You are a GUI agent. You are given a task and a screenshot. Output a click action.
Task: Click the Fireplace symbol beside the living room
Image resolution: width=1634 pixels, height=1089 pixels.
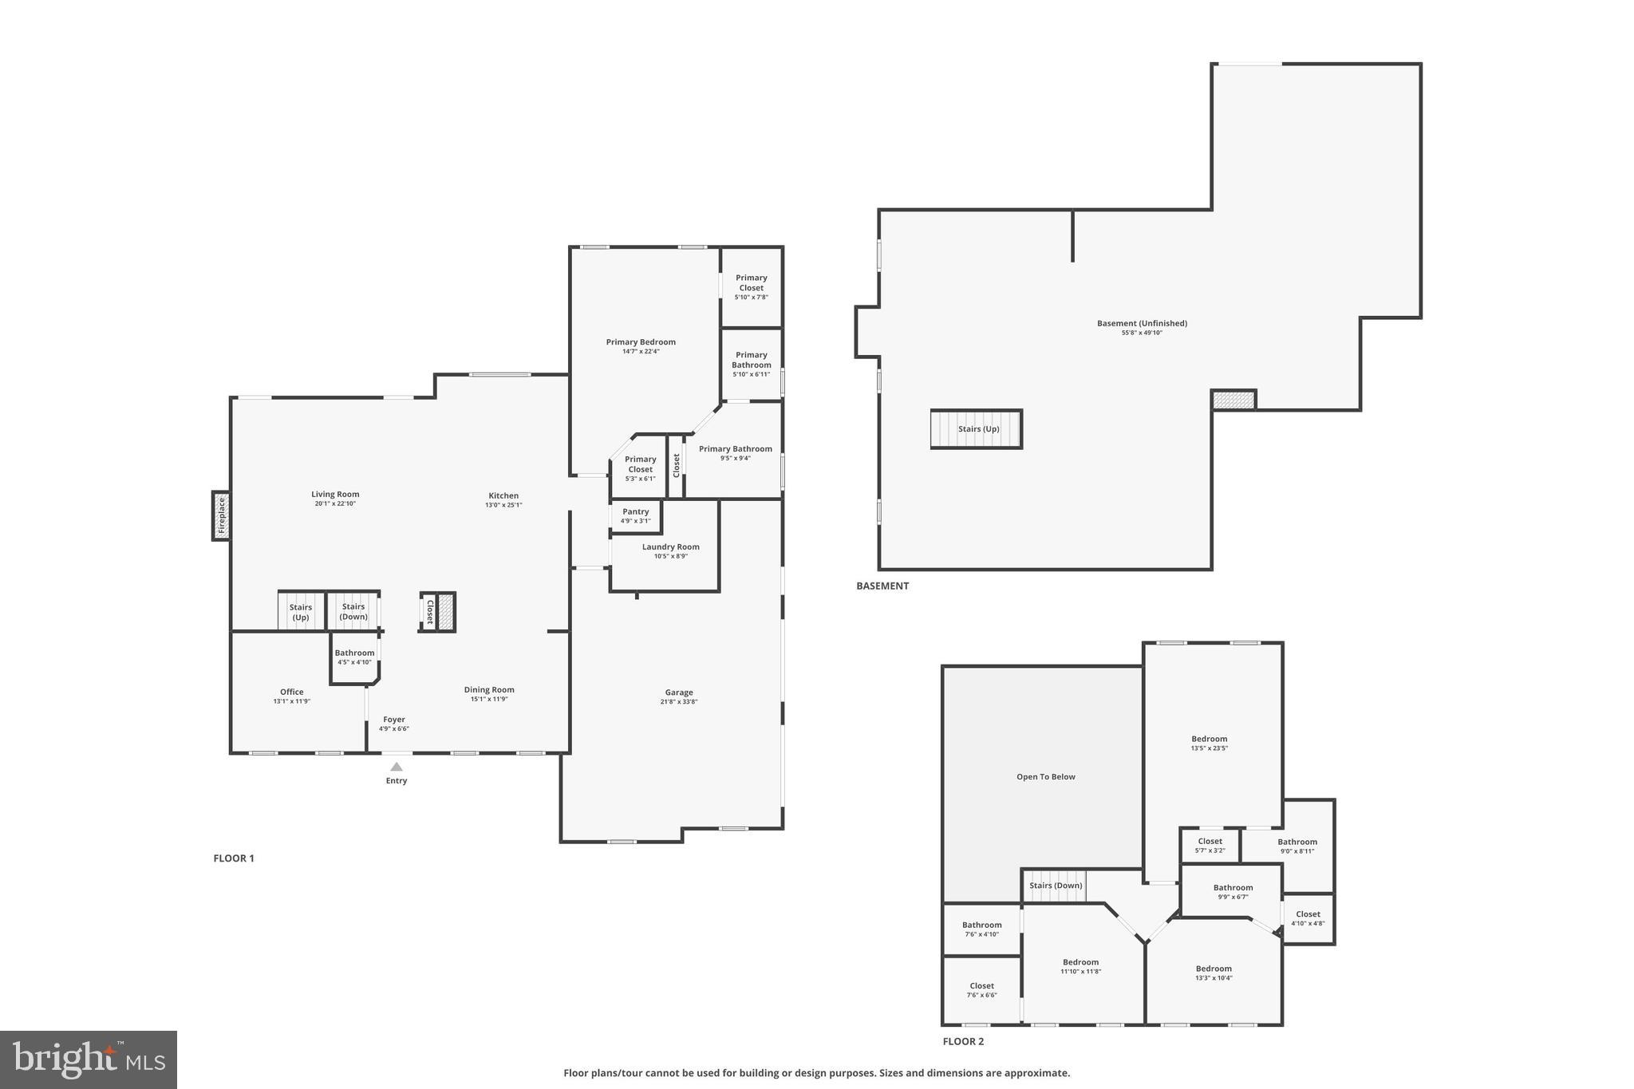click(222, 515)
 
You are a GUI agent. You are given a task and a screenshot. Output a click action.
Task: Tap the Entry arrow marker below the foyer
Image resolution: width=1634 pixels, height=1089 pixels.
click(397, 767)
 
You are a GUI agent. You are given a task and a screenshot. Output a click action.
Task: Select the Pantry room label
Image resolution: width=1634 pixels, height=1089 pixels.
click(636, 512)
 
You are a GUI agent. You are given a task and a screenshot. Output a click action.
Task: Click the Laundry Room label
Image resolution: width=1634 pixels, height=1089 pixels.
click(670, 547)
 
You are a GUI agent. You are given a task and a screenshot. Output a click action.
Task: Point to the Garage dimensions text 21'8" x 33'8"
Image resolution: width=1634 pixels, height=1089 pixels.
click(679, 702)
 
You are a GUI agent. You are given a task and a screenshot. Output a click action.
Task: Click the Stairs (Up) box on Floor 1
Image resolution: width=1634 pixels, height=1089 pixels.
click(301, 612)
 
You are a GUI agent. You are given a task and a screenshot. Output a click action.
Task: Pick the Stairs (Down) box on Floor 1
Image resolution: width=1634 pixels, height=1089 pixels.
click(353, 612)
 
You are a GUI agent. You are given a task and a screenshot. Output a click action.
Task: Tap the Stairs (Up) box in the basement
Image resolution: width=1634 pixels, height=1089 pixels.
click(977, 429)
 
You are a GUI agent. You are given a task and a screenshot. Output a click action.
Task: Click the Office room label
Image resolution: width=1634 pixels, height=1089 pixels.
click(291, 692)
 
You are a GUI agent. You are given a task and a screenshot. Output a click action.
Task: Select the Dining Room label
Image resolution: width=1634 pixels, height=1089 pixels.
click(489, 690)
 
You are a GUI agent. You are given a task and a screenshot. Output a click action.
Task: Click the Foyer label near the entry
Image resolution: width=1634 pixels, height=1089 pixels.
click(394, 720)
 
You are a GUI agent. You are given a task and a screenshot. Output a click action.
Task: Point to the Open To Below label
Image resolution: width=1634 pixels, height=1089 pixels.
click(1045, 777)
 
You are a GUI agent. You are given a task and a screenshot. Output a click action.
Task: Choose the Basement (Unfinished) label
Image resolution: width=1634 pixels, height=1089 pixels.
click(1142, 324)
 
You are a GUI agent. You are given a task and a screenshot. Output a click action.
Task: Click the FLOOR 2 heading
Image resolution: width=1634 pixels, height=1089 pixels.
click(963, 1041)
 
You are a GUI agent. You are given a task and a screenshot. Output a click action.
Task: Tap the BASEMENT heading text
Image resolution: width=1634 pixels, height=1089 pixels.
click(882, 586)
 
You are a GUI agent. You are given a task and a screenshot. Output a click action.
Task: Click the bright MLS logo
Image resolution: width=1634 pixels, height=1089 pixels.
click(89, 1059)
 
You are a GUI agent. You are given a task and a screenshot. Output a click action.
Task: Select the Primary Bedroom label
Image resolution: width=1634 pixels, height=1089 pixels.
click(641, 342)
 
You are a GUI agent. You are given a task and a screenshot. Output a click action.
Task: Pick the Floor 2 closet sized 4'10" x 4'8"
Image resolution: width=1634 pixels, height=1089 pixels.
click(1308, 918)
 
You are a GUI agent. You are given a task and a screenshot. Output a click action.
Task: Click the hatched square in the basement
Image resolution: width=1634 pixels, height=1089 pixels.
click(1233, 400)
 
